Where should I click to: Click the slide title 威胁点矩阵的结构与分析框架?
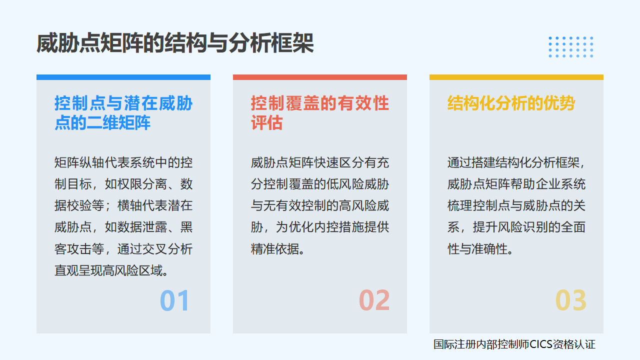point(175,43)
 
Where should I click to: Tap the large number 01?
point(175,301)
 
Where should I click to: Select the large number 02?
point(374,301)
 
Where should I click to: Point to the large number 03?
point(570,301)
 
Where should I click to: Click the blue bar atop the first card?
point(123,77)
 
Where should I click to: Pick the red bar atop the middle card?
point(320,77)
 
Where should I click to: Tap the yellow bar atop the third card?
point(516,77)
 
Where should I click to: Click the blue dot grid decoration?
point(570,47)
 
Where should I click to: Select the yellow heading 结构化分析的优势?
point(511,103)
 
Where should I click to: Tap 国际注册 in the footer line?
point(452,344)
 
